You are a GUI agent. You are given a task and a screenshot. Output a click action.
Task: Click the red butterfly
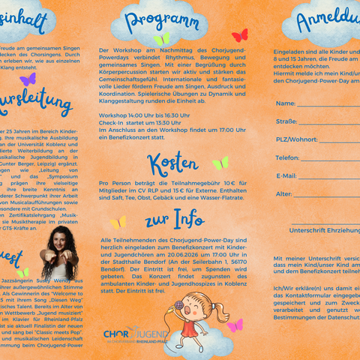pos(239,35)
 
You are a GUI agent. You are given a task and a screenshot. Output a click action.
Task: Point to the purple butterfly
pos(28,79)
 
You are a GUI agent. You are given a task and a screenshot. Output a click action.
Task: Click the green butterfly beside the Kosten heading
pos(220,163)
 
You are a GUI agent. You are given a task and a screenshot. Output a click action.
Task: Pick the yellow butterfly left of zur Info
pos(118,222)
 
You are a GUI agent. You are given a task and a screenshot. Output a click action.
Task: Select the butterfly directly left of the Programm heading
pos(161,38)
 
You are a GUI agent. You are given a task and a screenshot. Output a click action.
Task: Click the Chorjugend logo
pos(136,333)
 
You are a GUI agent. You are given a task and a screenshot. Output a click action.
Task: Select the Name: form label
pos(285,103)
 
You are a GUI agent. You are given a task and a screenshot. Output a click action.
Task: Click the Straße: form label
pos(286,121)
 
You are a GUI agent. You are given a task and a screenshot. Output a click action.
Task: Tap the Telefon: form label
pos(287,157)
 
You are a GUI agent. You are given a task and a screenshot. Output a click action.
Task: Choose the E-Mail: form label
pos(286,175)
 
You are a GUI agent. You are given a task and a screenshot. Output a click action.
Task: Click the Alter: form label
pos(283,194)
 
